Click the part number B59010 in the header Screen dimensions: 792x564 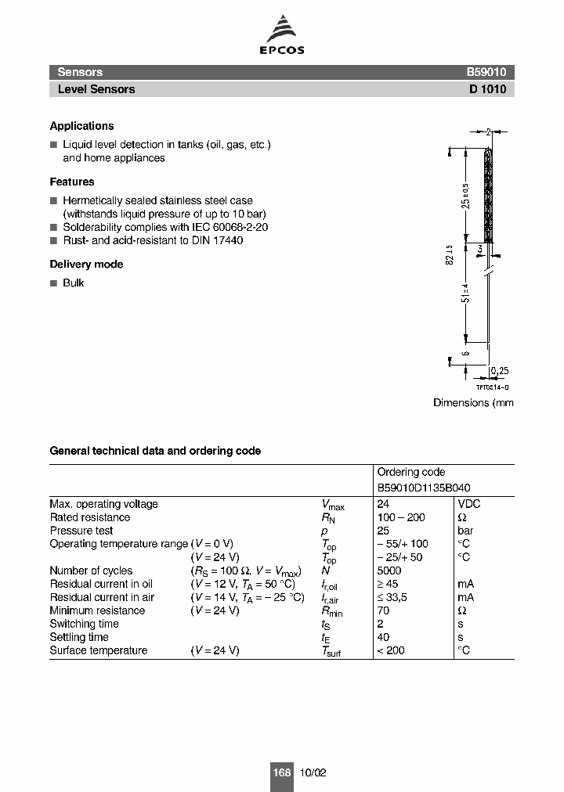[486, 71]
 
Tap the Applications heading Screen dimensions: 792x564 [81, 126]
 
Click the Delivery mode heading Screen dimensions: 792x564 [86, 265]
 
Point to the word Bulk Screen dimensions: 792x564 [74, 283]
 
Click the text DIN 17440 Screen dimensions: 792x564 [217, 240]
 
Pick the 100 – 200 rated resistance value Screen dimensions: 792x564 [401, 517]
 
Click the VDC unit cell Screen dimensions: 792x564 [469, 504]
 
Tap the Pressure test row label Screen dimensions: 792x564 [81, 531]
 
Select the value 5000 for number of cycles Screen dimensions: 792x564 [389, 571]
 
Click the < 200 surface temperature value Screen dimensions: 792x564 [391, 650]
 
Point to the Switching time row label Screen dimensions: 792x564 [84, 624]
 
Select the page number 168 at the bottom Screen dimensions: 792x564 [281, 772]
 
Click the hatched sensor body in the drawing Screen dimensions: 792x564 [488, 196]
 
